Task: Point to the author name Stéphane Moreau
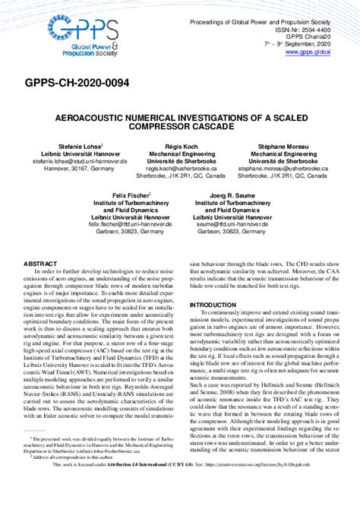pos(293,144)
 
